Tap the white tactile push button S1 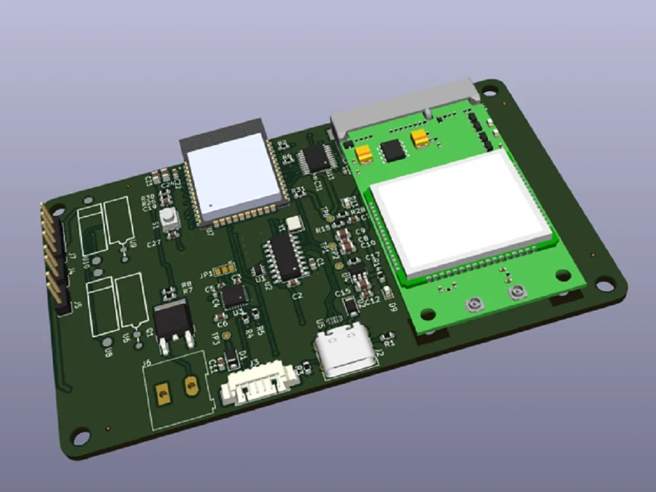click(x=170, y=219)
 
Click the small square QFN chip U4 click(x=234, y=296)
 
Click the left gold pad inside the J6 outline click(x=161, y=393)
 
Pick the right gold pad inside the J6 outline click(x=192, y=386)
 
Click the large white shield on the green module click(x=459, y=210)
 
